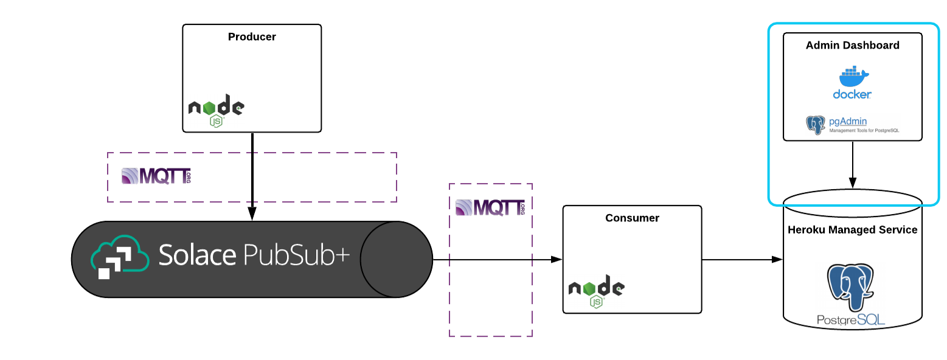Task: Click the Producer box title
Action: click(252, 37)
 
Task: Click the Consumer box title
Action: click(632, 218)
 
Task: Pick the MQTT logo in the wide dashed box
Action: click(156, 176)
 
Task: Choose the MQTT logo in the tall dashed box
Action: click(490, 207)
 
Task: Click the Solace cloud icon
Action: click(120, 258)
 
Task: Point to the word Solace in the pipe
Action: click(197, 255)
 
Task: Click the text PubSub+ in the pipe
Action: click(297, 255)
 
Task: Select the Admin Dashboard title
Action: click(852, 46)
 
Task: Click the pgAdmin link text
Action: click(848, 121)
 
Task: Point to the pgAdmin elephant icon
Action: click(815, 125)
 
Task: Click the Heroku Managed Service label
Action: click(852, 230)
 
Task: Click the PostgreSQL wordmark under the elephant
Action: click(851, 320)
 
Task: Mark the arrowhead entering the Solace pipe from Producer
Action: click(252, 214)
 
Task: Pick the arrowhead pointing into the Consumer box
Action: click(556, 260)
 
